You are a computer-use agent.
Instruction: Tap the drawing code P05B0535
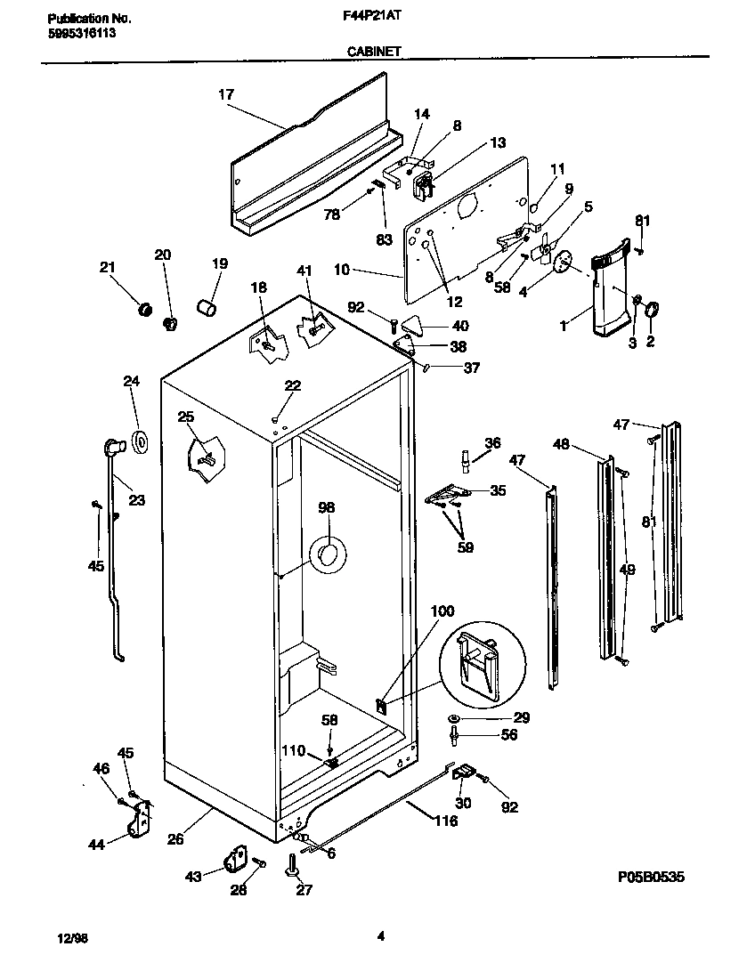[x=651, y=877]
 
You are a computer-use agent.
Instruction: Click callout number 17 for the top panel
[x=226, y=93]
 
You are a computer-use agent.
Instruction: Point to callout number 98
[x=327, y=508]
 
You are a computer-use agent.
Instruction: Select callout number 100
[x=442, y=611]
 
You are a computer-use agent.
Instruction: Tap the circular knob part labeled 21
[x=140, y=309]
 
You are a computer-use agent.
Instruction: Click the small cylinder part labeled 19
[x=207, y=309]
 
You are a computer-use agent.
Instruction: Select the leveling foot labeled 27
[x=291, y=867]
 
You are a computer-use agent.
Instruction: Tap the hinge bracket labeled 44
[x=139, y=819]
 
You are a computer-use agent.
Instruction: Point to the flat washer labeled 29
[x=454, y=717]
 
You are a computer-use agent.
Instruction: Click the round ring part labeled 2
[x=652, y=309]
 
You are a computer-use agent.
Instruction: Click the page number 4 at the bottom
[x=380, y=935]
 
